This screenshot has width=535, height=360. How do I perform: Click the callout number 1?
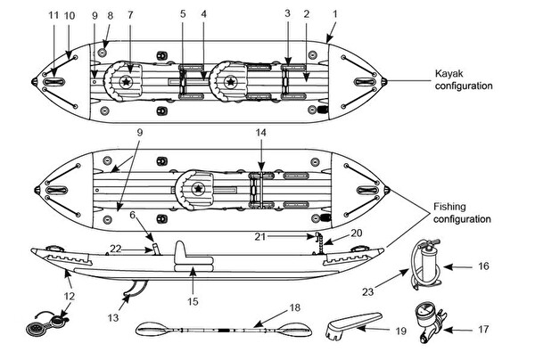click(x=335, y=15)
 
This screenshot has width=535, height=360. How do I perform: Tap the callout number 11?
click(x=53, y=15)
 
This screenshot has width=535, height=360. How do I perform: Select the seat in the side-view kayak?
click(x=192, y=259)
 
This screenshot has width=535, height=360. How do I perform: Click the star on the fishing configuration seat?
click(x=198, y=189)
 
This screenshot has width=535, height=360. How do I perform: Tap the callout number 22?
click(x=116, y=249)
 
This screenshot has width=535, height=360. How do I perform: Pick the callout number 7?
click(x=131, y=15)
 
